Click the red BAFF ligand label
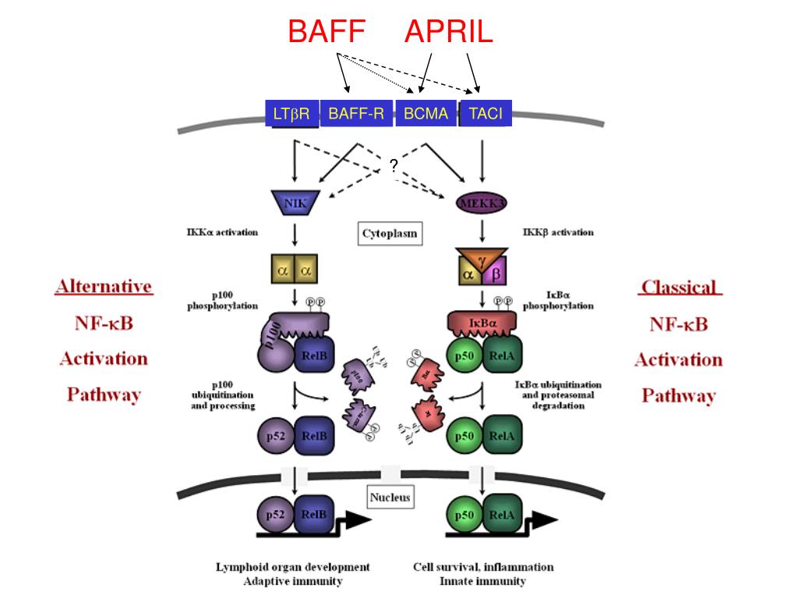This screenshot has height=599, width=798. pos(326,32)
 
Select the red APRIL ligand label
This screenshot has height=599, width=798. pos(448,32)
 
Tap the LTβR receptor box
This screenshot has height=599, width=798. pos(291,115)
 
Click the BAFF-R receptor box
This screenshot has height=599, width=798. pos(356,115)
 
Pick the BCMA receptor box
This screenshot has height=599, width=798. pos(425,115)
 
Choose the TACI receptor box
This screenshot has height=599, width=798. pos(486,115)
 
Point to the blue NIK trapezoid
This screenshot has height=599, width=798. pos(295,204)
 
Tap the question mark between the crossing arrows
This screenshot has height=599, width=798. pos(394,165)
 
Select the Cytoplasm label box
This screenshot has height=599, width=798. pos(390,233)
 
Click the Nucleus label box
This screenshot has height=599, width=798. pos(390,497)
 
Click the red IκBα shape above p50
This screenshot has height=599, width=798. pos(479,321)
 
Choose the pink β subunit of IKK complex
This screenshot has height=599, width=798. pos(496,274)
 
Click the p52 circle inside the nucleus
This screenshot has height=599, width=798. pos(274,516)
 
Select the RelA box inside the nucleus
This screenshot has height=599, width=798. pos(501,516)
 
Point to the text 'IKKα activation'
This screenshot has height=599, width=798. pos(223,232)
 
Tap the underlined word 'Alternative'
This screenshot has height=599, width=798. pos(104,286)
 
